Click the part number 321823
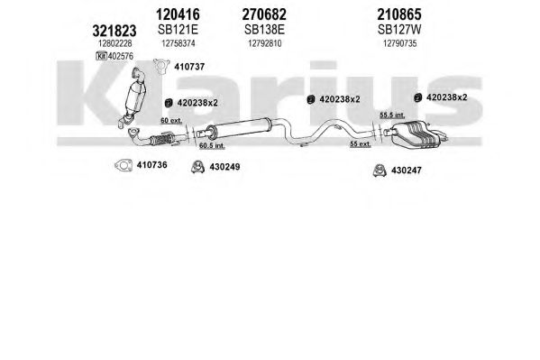tap(114, 31)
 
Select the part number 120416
tap(178, 14)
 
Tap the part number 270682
tap(264, 14)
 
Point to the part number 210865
tap(399, 14)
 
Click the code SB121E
tap(178, 30)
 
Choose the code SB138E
tap(264, 30)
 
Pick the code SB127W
tap(399, 30)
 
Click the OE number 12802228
tap(115, 43)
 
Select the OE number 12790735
tap(400, 43)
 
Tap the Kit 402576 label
tap(114, 56)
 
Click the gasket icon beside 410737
tap(161, 66)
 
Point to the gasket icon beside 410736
tap(124, 165)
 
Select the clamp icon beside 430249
tap(197, 167)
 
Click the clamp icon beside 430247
tap(380, 171)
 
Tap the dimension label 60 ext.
tap(171, 121)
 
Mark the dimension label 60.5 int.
tap(212, 146)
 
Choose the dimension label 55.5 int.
tap(392, 115)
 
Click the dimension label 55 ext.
tap(361, 144)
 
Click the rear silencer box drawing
tap(416, 134)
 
